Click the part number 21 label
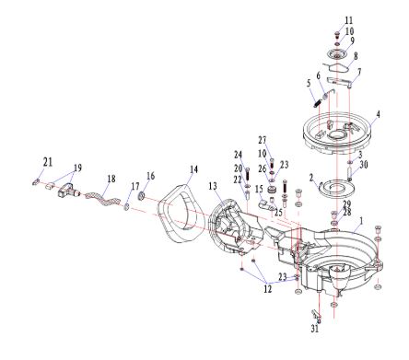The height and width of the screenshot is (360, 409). point(48,162)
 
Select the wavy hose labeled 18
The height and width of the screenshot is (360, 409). point(102,199)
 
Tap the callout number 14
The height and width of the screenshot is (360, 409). point(193,169)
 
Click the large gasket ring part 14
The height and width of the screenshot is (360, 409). point(181,214)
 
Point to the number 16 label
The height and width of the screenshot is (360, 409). point(150,176)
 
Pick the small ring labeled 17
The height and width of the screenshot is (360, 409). point(126,207)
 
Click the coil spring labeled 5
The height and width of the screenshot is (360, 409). point(318,102)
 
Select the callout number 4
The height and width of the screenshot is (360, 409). point(379,114)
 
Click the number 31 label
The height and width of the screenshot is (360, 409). point(314,329)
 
